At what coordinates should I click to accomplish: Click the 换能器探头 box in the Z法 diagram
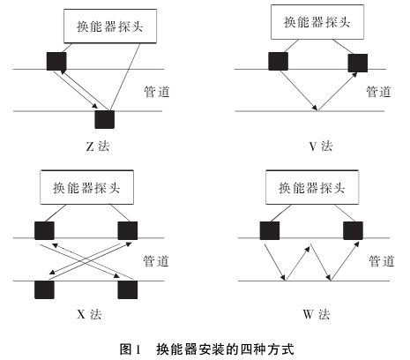[x=110, y=26]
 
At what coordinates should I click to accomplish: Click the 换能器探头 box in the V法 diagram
[x=317, y=22]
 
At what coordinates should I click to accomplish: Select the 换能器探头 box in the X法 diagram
[x=87, y=187]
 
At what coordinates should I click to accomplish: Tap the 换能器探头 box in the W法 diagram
[x=312, y=187]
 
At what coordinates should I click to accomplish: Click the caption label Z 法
[x=98, y=146]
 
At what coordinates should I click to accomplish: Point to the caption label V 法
[x=321, y=146]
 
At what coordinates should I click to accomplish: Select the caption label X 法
[x=89, y=314]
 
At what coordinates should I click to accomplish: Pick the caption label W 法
[x=317, y=314]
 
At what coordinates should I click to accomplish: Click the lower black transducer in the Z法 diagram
[x=104, y=119]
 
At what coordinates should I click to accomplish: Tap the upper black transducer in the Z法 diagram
[x=56, y=61]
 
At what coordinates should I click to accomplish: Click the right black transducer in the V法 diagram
[x=358, y=63]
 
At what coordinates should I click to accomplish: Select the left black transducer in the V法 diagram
[x=278, y=61]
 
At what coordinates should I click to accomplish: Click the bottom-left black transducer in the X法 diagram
[x=44, y=289]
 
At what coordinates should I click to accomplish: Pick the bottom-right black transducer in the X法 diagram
[x=128, y=289]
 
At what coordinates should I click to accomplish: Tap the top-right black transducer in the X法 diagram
[x=128, y=230]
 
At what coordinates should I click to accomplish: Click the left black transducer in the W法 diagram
[x=270, y=230]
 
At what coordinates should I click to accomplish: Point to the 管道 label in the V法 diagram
[x=378, y=92]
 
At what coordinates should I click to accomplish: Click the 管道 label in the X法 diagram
[x=156, y=261]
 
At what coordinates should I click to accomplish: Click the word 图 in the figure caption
[x=125, y=349]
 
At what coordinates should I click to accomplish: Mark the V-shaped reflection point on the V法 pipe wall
[x=317, y=110]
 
